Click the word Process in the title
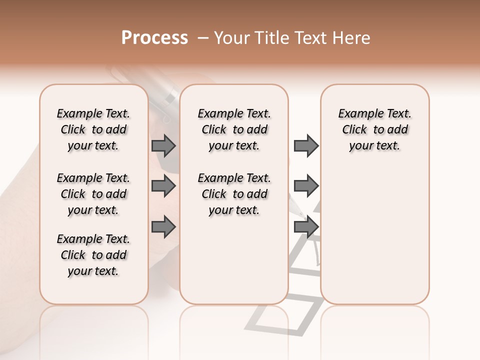click(154, 38)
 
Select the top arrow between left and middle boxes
click(163, 145)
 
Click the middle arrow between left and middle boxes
click(163, 186)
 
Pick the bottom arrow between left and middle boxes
click(163, 227)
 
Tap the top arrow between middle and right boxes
click(306, 145)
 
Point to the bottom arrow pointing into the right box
click(306, 227)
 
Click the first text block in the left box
click(93, 129)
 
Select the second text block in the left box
click(93, 194)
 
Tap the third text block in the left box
click(93, 255)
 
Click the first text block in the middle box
click(234, 129)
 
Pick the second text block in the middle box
click(234, 194)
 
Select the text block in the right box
click(374, 129)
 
